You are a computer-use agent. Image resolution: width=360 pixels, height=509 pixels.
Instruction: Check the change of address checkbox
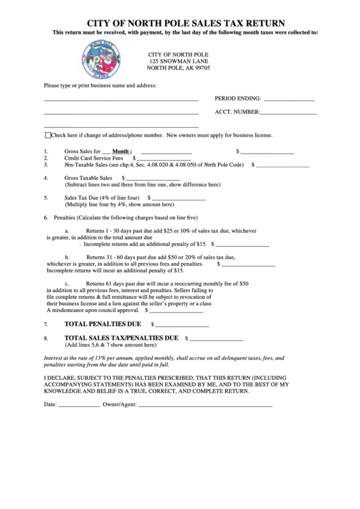point(48,135)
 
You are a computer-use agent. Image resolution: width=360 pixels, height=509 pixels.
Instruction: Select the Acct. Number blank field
point(289,113)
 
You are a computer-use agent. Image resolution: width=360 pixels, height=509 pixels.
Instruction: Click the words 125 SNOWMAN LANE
point(179,61)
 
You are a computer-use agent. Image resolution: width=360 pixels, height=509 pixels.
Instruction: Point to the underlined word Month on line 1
point(122,152)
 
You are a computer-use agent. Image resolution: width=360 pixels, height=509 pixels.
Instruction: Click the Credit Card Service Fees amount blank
point(167,158)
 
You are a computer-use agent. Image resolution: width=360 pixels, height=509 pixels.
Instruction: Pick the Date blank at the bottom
point(79,405)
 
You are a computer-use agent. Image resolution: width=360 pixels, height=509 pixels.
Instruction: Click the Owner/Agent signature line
point(204,405)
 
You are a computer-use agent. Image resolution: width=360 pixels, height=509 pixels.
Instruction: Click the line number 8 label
point(46,338)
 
